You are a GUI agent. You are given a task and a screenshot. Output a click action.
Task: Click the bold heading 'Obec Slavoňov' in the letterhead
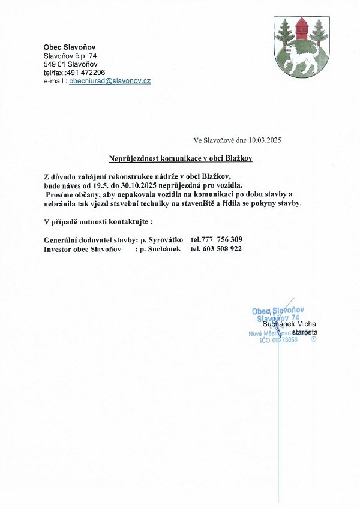coord(69,47)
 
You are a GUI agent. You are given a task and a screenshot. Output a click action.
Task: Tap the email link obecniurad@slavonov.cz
coord(110,80)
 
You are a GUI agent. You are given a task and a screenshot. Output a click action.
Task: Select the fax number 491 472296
coord(88,72)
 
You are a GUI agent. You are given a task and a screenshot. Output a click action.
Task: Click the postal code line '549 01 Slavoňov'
coord(70,64)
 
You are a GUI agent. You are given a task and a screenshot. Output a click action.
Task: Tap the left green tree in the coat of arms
coord(284,33)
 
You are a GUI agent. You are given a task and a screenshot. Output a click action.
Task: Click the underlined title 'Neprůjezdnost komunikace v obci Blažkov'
coord(180,159)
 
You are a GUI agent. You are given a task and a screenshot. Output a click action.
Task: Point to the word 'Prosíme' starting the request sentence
coord(62,195)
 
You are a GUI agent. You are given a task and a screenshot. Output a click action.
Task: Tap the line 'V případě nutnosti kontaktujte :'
coord(94,222)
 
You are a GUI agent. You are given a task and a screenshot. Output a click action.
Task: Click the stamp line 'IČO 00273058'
coord(278,340)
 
